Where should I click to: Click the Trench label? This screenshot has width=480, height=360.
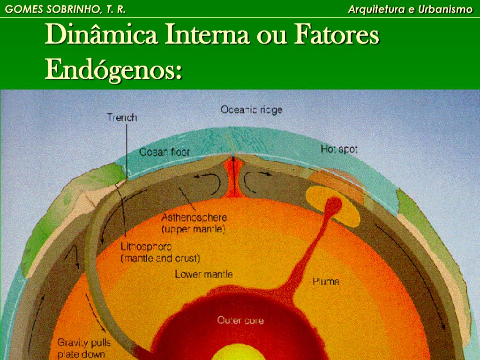[x=121, y=117]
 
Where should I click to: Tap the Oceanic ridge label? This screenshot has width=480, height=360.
[x=251, y=110]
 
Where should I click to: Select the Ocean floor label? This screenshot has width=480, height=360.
[x=165, y=152]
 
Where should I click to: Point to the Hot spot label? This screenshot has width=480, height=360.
[x=339, y=150]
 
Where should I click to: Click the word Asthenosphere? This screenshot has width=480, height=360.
[x=194, y=217]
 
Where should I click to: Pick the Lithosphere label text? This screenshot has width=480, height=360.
[x=146, y=246]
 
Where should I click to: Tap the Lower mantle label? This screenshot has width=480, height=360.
[x=203, y=274]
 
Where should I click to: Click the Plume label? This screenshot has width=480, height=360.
[x=326, y=281]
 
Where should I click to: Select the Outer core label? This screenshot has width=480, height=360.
[x=240, y=321]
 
